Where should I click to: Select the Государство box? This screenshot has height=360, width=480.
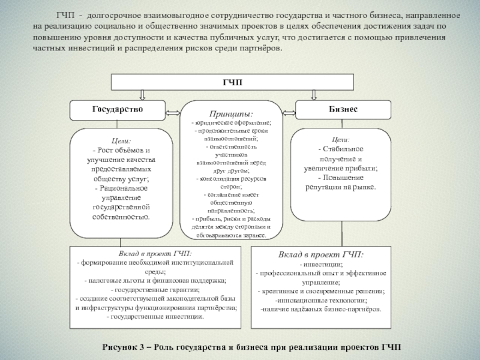coord(117,110)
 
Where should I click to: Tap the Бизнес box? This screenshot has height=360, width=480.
coord(344,110)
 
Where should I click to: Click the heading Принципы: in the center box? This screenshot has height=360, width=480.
coord(231,113)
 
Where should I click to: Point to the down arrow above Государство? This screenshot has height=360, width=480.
coord(142,95)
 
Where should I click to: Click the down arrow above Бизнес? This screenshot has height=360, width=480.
coord(313,95)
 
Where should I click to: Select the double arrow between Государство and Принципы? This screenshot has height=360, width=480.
coord(173,112)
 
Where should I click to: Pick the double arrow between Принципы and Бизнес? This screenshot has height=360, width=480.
coord(289,112)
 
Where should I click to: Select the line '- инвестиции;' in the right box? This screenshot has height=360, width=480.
coord(322,264)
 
